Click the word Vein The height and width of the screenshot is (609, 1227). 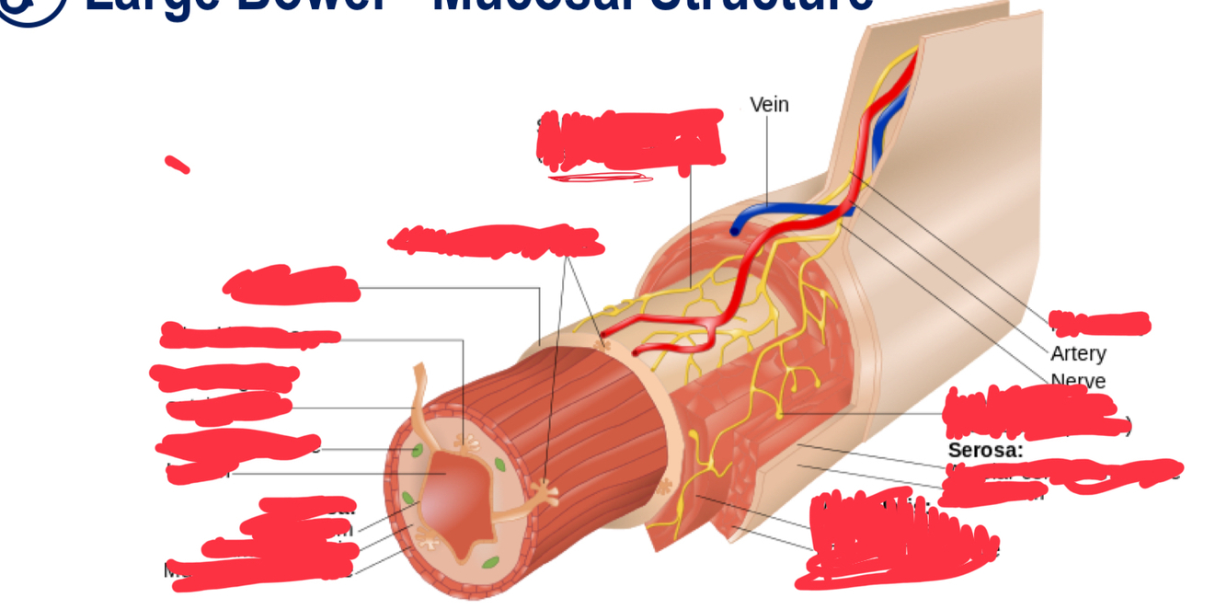769,105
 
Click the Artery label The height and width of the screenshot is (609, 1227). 1078,353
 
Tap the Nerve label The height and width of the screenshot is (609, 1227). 1078,380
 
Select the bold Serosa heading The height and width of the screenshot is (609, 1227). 985,450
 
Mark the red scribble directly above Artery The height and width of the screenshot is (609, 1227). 1099,323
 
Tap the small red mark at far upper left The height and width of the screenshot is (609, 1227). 177,165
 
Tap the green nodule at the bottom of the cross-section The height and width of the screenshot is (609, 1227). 490,562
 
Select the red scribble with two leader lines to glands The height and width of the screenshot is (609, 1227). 497,241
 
